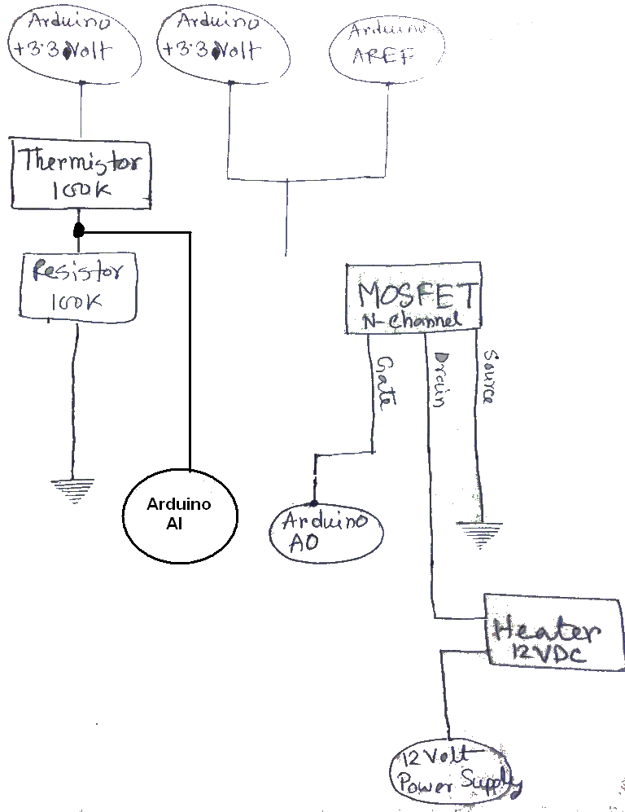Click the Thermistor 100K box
(x=81, y=173)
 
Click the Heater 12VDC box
(x=546, y=633)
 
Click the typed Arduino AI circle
(x=179, y=514)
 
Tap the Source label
(x=488, y=377)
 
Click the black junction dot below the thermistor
(x=79, y=231)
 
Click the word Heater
(x=546, y=628)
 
